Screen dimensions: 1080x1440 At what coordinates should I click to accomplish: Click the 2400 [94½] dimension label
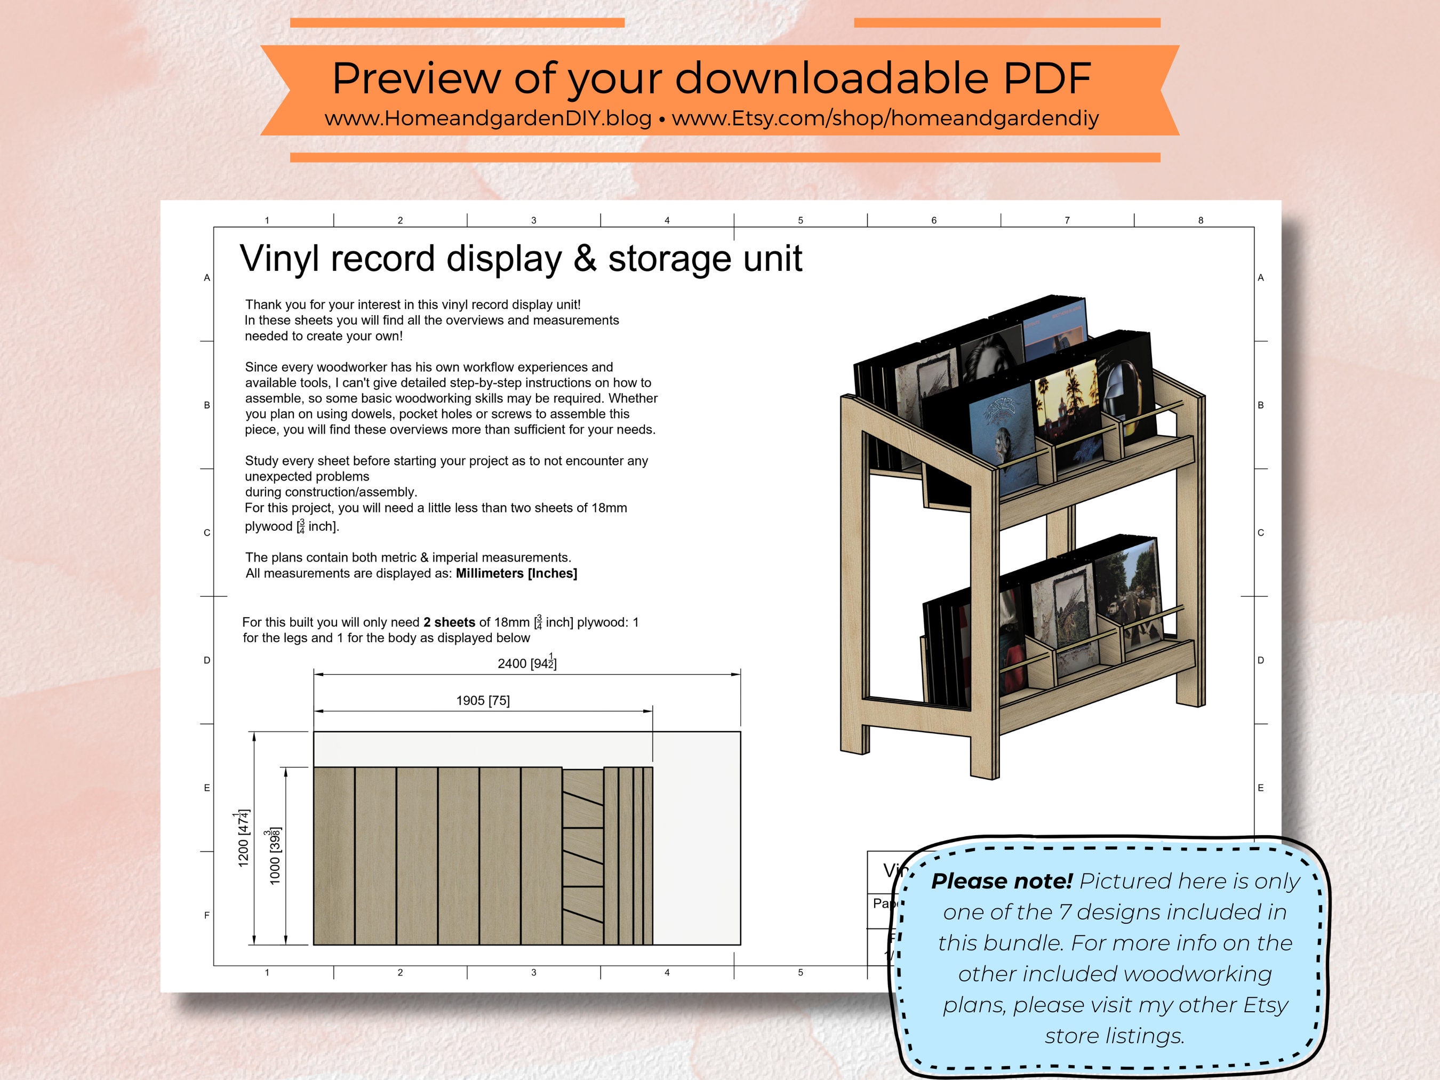(526, 663)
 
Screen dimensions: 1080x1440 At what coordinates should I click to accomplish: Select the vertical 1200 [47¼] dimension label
(243, 838)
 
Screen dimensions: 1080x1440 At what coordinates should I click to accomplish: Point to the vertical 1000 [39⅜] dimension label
(275, 855)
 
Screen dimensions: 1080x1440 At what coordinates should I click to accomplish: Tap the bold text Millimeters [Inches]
(516, 573)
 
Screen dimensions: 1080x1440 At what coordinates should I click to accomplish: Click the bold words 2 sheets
(449, 622)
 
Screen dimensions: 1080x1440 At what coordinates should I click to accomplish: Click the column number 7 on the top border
(1067, 221)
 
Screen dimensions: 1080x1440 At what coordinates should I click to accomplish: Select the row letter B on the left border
(207, 405)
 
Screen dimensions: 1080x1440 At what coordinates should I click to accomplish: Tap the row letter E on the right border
(1260, 788)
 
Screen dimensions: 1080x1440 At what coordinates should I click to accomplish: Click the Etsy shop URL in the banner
(885, 118)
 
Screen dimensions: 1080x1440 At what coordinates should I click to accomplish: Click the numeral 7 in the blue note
(1065, 912)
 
